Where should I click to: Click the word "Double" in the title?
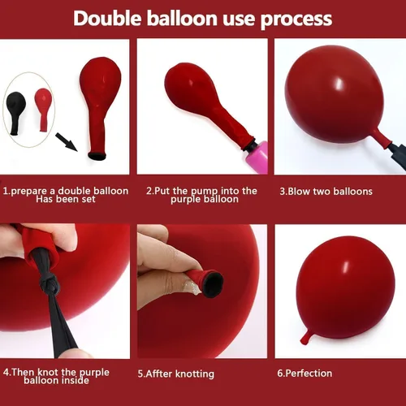coord(107,19)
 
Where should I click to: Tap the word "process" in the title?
coord(296,20)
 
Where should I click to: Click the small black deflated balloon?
coord(15,113)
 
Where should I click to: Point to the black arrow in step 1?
coord(67,142)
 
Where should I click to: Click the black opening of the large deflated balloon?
coord(97,156)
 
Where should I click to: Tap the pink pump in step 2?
coord(257,158)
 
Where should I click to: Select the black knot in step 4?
coord(49,283)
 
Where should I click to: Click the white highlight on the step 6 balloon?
coord(347,267)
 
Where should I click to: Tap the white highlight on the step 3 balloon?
coord(339,83)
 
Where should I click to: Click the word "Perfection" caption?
coord(309,374)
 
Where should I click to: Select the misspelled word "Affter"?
coord(159,374)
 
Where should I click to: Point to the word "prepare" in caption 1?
coord(29,192)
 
